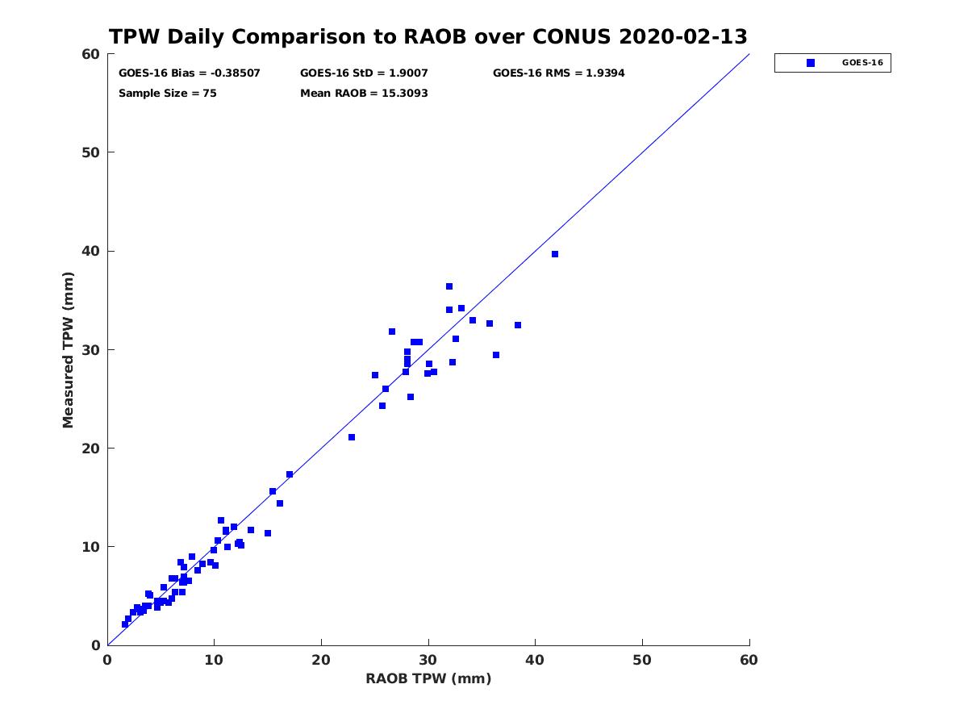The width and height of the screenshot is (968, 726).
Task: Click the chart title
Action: (428, 36)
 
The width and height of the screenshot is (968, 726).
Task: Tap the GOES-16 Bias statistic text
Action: (190, 73)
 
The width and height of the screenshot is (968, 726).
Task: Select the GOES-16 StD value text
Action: (364, 73)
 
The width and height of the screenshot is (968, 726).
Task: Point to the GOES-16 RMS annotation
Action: (559, 73)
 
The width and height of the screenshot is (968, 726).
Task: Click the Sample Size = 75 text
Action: (168, 94)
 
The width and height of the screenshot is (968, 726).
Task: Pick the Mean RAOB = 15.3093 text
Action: (364, 94)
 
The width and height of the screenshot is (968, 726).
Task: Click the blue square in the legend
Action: (811, 63)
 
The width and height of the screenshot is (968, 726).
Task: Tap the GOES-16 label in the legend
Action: (862, 63)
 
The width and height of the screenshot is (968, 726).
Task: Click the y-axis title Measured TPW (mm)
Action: (68, 350)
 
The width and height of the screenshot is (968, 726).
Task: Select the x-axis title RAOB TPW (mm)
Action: (428, 678)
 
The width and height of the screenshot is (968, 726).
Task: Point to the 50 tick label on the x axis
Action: (642, 660)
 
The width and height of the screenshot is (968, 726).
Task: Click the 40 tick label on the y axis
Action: (91, 251)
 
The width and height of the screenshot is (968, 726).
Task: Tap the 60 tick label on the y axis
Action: (91, 54)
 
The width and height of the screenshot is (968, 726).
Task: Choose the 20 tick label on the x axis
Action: (321, 660)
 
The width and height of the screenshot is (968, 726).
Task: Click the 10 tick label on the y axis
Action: (91, 547)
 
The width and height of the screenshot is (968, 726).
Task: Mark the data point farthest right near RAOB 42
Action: (555, 254)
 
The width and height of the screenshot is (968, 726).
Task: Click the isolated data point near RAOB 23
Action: (352, 437)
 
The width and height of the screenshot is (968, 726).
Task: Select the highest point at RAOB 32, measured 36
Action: (449, 286)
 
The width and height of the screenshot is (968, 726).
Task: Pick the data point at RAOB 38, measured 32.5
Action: (518, 325)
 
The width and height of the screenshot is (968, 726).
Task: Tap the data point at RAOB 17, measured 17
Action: (290, 474)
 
